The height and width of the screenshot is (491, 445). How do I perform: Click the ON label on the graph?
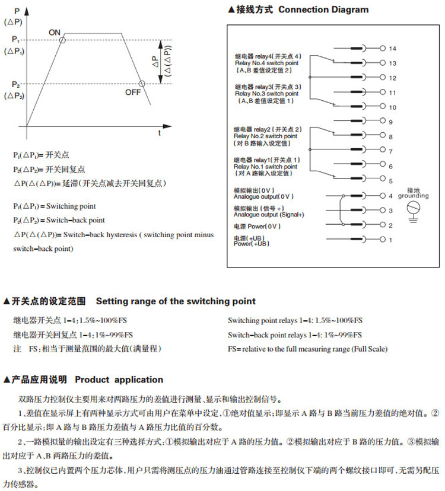pos(55,32)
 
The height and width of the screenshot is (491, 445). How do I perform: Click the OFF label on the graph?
pos(133,93)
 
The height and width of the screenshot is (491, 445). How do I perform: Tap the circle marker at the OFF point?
pos(142,84)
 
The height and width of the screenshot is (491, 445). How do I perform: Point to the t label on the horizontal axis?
pos(159,133)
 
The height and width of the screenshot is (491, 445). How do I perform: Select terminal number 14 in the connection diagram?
pos(392,47)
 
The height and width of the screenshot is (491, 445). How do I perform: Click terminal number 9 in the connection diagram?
pos(390,122)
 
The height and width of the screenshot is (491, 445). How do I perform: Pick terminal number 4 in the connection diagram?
pos(390,196)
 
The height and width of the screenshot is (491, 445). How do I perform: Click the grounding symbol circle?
pos(414,207)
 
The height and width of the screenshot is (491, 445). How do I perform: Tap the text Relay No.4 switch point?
pos(266,62)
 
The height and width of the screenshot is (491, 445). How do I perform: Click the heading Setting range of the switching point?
pos(176,301)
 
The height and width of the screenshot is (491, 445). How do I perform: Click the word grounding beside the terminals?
pos(414,195)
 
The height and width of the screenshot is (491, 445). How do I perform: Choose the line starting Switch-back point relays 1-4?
pos(295,334)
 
